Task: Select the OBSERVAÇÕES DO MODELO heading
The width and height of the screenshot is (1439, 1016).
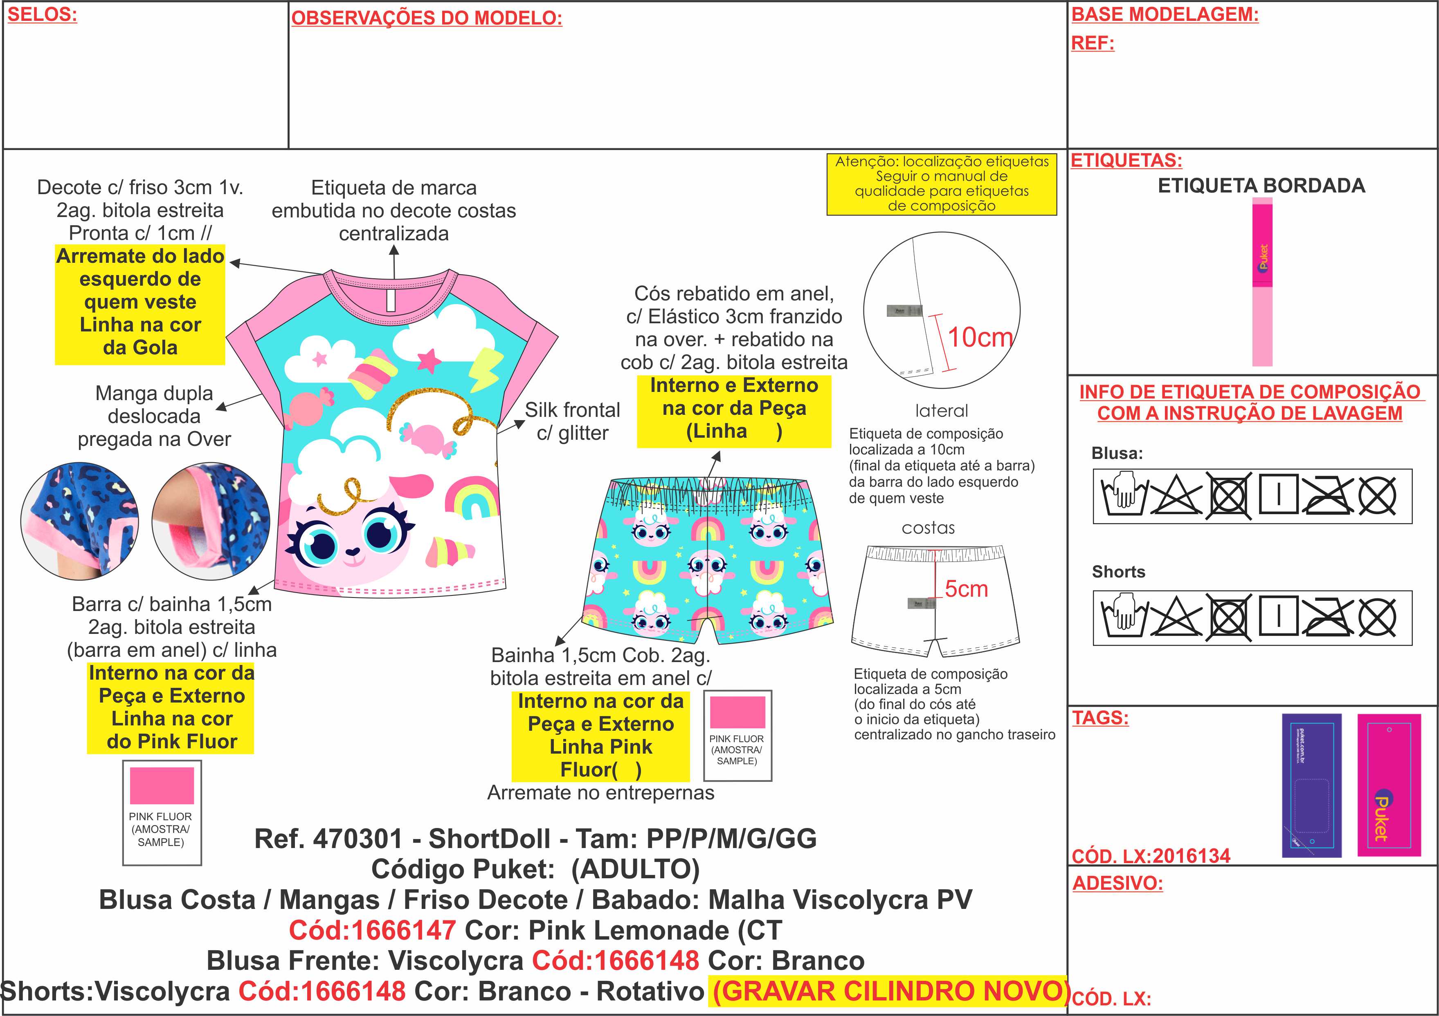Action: click(426, 18)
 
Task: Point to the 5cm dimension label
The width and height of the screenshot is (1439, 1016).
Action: click(966, 589)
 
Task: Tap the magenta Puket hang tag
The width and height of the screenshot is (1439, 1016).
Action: click(1388, 784)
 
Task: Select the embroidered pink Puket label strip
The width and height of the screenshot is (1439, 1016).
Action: click(1262, 282)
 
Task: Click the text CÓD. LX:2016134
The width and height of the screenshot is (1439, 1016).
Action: click(1151, 856)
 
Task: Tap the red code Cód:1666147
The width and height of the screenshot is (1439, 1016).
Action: click(372, 930)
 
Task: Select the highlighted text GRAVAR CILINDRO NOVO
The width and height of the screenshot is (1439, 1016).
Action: click(890, 991)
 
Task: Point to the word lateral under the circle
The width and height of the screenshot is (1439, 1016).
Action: click(941, 411)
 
